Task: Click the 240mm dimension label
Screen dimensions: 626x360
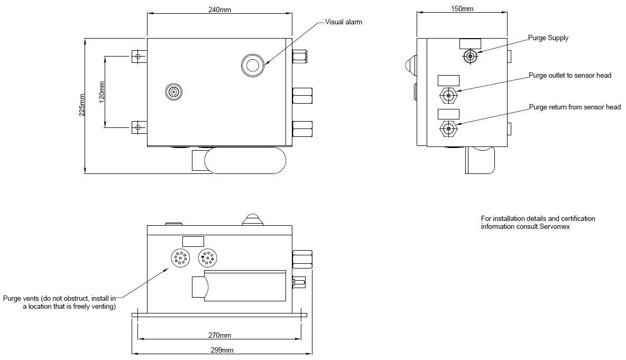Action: coord(219,10)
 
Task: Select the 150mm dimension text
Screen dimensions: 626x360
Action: coord(462,8)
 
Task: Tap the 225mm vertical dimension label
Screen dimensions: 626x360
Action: coord(82,105)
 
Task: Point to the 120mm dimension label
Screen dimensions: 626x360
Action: coord(102,92)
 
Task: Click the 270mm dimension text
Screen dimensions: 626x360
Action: coord(219,335)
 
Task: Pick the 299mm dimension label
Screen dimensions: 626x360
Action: coord(222,350)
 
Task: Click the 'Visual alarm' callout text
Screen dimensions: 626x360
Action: coord(343,22)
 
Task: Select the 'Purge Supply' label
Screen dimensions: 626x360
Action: coord(548,38)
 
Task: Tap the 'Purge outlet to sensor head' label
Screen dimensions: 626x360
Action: coord(570,76)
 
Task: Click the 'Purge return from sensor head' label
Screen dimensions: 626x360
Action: coord(575,107)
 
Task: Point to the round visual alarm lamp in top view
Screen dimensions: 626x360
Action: coord(253,65)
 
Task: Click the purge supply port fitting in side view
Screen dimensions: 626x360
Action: coord(471,57)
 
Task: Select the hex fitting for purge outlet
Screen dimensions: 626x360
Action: coord(449,96)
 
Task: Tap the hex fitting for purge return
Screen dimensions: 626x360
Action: coord(449,129)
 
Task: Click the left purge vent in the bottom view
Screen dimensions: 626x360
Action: coord(180,258)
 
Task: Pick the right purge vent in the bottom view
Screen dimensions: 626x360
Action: coord(207,257)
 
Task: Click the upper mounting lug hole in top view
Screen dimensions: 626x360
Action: coord(138,56)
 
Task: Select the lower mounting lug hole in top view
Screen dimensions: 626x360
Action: coord(138,128)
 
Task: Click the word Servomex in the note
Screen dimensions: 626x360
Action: coord(555,227)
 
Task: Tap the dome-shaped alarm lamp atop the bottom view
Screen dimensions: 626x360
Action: coord(252,219)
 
